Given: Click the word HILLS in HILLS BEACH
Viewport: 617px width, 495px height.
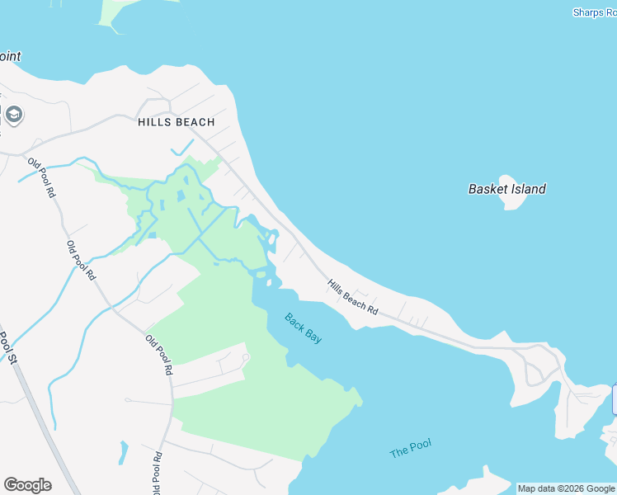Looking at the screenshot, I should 153,122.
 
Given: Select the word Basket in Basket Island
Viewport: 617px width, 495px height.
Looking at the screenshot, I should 487,189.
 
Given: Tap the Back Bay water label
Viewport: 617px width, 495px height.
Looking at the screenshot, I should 303,328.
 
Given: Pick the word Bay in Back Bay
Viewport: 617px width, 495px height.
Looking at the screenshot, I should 313,334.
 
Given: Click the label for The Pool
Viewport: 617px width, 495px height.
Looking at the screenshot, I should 411,449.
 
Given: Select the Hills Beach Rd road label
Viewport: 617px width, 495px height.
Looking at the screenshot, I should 352,298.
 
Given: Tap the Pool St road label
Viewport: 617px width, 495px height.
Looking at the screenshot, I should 7,346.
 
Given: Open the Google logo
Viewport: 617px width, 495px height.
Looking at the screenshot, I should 27,485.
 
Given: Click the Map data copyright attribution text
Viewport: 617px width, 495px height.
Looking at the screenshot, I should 567,488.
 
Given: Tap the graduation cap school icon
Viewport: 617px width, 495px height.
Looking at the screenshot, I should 13,114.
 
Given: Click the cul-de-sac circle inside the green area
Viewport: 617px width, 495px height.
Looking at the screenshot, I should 246,358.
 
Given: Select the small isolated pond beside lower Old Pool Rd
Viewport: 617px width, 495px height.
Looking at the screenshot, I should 124,451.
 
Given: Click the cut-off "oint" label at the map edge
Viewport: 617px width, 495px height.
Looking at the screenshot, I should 10,57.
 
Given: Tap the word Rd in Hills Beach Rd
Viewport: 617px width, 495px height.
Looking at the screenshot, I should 372,310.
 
